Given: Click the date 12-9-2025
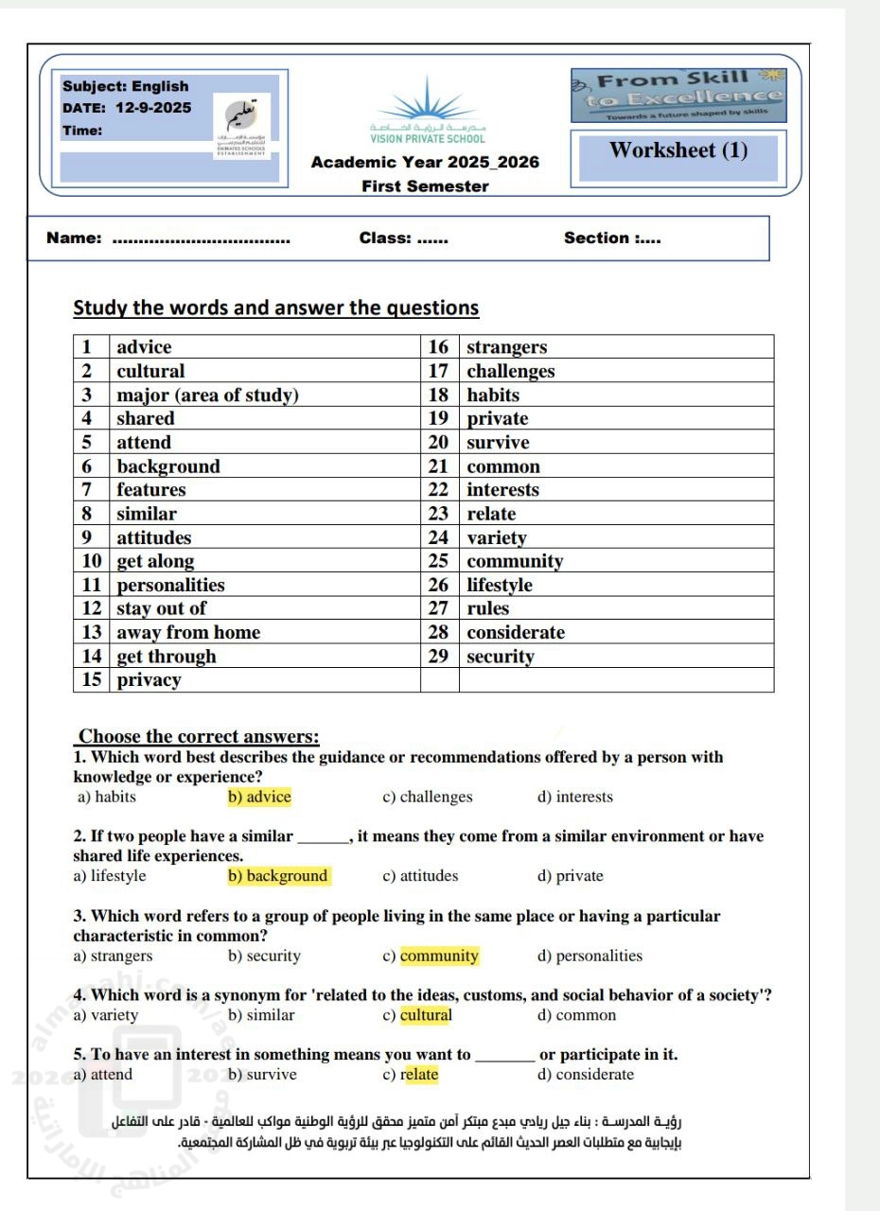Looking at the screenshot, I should click(x=152, y=108).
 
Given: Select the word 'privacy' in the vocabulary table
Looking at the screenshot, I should click(x=149, y=680).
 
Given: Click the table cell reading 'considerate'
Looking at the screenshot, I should click(x=515, y=633).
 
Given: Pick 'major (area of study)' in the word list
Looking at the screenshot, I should click(x=207, y=395).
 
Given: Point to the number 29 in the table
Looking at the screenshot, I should click(x=438, y=657).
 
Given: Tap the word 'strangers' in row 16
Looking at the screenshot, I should click(x=506, y=347).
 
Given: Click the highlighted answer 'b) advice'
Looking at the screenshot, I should click(x=259, y=797).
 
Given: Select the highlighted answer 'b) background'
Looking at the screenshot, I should click(x=278, y=876).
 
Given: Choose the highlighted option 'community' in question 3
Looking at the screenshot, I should click(x=439, y=956).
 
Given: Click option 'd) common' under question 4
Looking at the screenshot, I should click(x=576, y=1015).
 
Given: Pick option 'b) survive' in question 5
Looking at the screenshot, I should click(x=262, y=1074).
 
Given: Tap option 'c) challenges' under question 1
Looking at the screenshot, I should click(x=427, y=797).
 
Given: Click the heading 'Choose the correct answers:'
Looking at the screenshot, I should click(x=199, y=736).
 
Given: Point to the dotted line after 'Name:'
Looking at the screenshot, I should click(x=201, y=239).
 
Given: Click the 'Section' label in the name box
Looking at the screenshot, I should click(x=596, y=238).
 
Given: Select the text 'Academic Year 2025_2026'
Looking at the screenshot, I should click(x=425, y=162).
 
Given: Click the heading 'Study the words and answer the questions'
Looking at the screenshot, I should click(x=276, y=307).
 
